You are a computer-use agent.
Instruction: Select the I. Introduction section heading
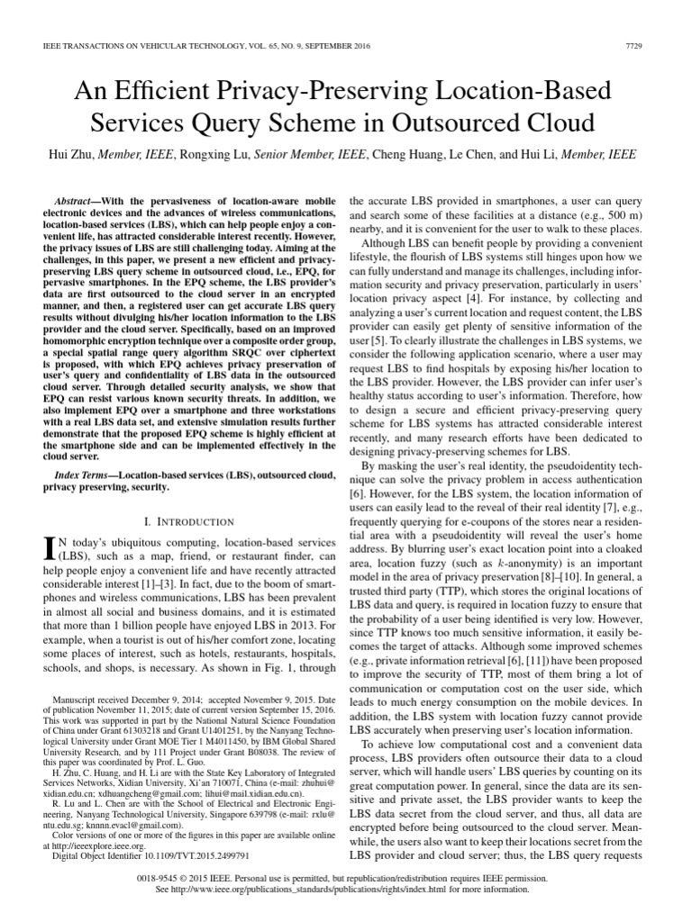click(x=179, y=521)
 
